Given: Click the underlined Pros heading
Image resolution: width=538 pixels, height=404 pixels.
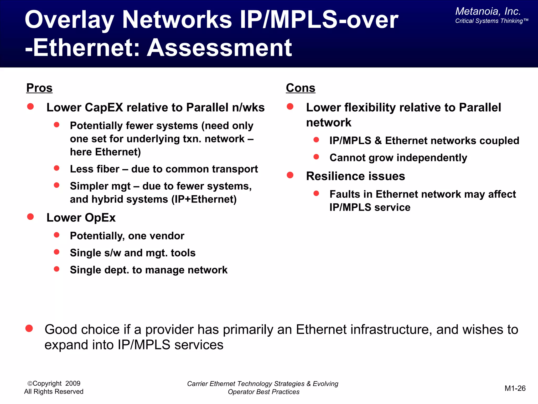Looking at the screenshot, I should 39,88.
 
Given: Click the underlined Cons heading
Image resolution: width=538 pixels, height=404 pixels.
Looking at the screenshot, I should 301,88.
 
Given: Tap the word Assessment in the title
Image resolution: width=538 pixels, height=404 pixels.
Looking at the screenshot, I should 219,48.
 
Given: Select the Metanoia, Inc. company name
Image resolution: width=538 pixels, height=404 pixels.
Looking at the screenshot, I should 488,11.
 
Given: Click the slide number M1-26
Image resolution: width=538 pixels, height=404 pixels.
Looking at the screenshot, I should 515,388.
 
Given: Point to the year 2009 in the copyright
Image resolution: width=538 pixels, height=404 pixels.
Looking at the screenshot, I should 73,383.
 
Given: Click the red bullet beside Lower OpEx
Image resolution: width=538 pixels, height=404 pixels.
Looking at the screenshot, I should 30,217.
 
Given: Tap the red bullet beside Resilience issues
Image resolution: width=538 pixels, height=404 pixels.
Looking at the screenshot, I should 290,175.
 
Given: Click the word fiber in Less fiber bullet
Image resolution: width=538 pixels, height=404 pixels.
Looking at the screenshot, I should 107,169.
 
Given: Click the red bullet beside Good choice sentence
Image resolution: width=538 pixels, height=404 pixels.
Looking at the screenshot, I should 29,329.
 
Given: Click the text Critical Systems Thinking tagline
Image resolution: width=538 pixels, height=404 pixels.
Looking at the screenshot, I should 491,21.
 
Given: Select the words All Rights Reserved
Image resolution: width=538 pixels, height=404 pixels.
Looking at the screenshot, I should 54,392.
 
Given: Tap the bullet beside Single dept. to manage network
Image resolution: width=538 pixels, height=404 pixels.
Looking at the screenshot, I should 56,269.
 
